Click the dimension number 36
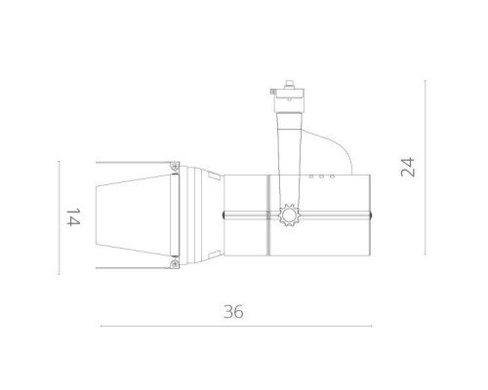click(232, 312)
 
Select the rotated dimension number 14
click(71, 216)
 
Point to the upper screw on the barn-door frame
click(174, 168)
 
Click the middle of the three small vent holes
click(323, 177)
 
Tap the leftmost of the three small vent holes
click(313, 177)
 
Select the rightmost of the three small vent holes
click(333, 177)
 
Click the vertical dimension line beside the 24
click(426, 166)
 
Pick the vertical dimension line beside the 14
click(59, 216)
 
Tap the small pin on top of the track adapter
click(288, 80)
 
